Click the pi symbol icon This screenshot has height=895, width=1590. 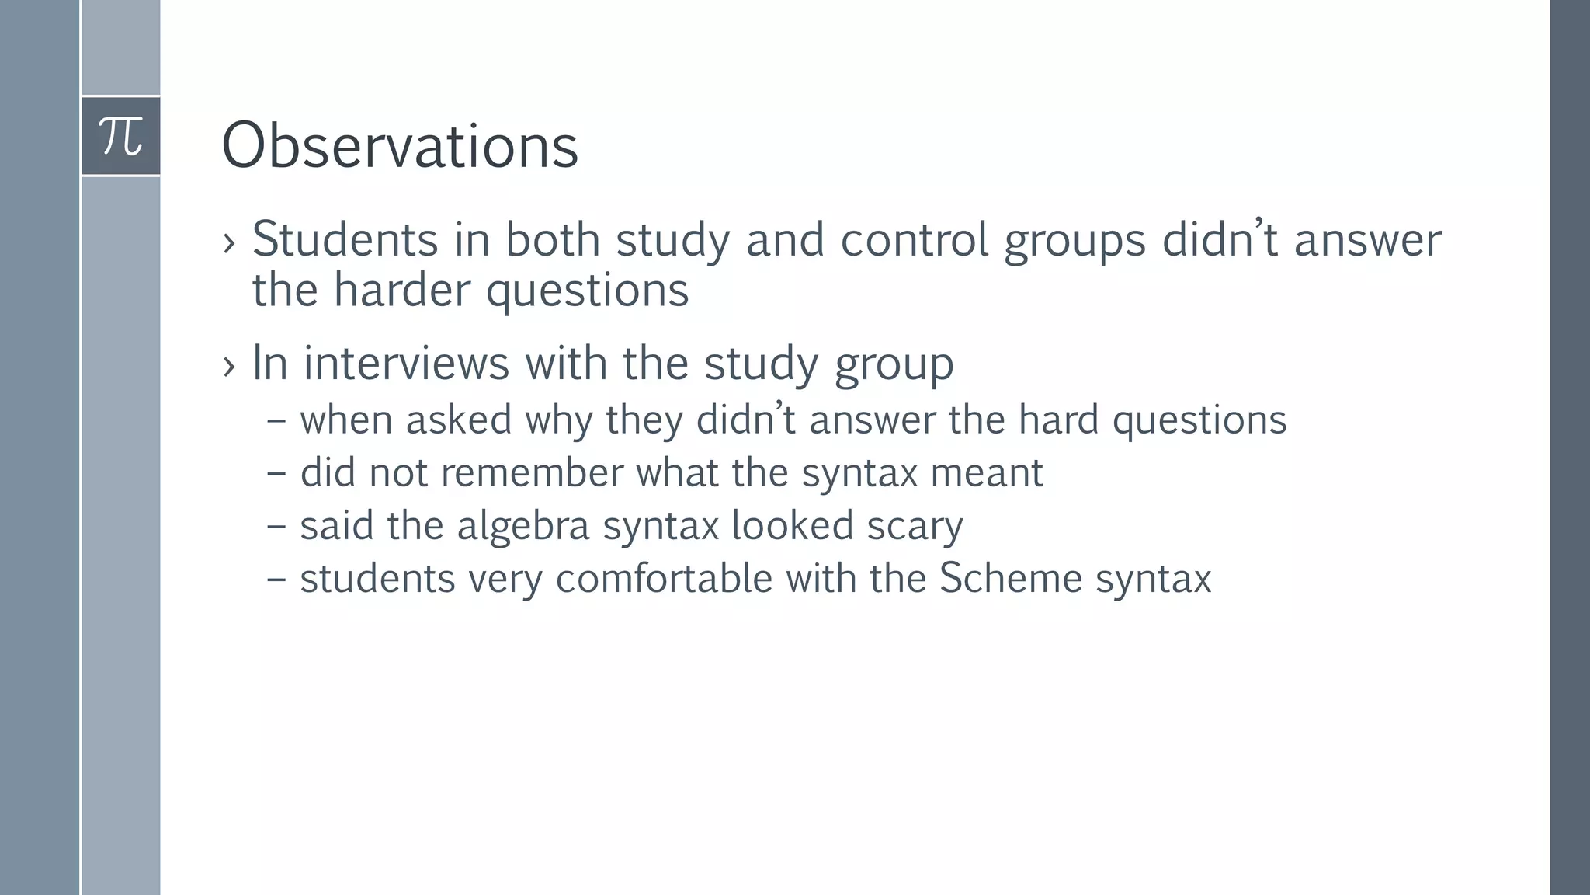pyautogui.click(x=121, y=136)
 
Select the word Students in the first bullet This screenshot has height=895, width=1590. pyautogui.click(x=345, y=239)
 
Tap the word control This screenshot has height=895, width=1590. pyautogui.click(x=914, y=239)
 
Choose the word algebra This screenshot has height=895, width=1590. pyautogui.click(x=523, y=526)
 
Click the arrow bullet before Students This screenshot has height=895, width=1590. pyautogui.click(x=228, y=242)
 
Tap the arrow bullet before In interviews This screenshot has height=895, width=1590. pyautogui.click(x=228, y=366)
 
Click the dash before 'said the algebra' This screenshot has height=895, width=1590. pyautogui.click(x=276, y=526)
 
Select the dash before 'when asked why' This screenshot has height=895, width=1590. pyautogui.click(x=276, y=420)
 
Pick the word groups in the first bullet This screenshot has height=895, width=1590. pyautogui.click(x=1074, y=241)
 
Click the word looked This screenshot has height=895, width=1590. pyautogui.click(x=793, y=525)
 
